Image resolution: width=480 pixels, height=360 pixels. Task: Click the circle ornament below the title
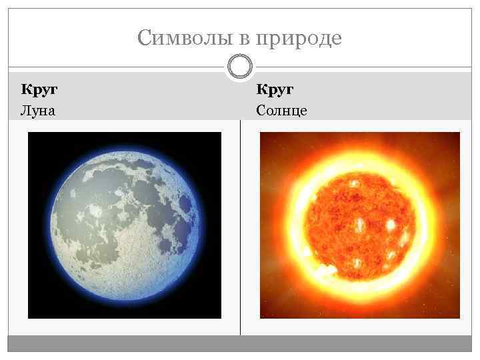point(240,67)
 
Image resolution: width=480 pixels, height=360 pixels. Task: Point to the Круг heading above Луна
point(39,89)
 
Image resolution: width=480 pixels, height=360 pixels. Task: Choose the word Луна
point(39,109)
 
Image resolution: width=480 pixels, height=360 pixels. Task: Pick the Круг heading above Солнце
point(275,89)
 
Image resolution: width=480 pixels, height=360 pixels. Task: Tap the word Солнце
point(282,109)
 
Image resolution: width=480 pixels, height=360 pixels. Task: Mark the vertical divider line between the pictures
point(240,227)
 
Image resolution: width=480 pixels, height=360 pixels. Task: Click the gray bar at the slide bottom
point(240,343)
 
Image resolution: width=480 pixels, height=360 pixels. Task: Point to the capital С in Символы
point(144,38)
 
